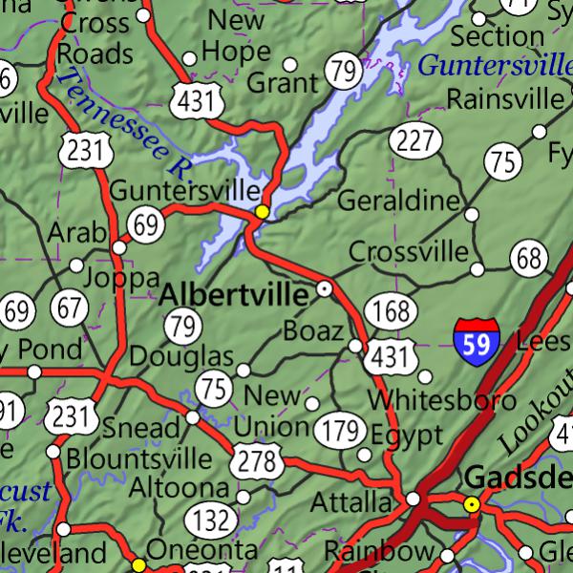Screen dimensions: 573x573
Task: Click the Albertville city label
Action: pyautogui.click(x=234, y=294)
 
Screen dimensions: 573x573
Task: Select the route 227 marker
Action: pyautogui.click(x=415, y=141)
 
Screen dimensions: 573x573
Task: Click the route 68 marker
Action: pyautogui.click(x=529, y=257)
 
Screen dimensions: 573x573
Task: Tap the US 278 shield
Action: pyautogui.click(x=259, y=463)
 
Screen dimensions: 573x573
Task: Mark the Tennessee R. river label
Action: pyautogui.click(x=123, y=124)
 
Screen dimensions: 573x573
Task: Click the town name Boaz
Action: pyautogui.click(x=312, y=331)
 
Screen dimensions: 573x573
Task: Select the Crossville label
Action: pyautogui.click(x=409, y=251)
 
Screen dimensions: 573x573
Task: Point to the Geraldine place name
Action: pyautogui.click(x=398, y=202)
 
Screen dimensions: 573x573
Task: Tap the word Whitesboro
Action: pyautogui.click(x=430, y=399)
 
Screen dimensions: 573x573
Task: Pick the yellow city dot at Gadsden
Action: pyautogui.click(x=471, y=503)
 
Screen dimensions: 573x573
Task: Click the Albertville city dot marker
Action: pyautogui.click(x=325, y=287)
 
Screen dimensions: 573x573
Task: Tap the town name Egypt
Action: pyautogui.click(x=407, y=435)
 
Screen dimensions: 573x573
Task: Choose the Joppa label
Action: pyautogui.click(x=121, y=278)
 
